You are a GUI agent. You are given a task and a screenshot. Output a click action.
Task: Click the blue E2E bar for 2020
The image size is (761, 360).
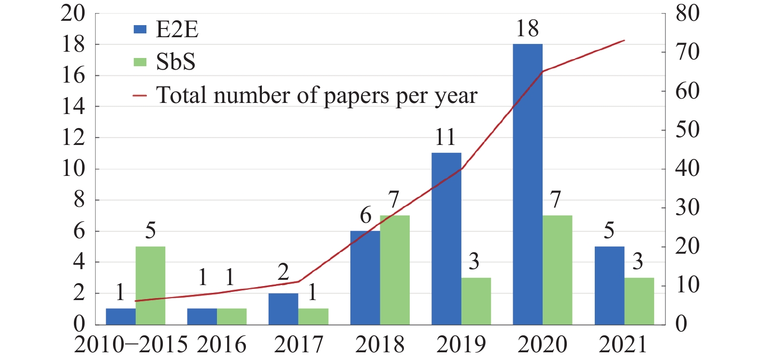(528, 184)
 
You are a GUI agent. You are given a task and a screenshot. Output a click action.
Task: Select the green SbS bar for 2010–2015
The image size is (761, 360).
(150, 285)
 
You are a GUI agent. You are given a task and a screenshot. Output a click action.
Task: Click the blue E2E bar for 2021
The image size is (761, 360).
(609, 285)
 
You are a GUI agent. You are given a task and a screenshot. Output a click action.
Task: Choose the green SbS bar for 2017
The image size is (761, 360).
(313, 316)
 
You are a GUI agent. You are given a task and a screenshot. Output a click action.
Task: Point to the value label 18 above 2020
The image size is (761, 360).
(527, 29)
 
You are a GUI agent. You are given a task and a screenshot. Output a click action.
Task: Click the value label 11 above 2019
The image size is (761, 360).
(445, 138)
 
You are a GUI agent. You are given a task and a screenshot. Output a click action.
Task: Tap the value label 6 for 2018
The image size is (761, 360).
(366, 216)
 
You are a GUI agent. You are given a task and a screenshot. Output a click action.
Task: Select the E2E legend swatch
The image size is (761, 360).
(140, 29)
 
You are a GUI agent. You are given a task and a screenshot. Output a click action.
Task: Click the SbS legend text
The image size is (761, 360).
(175, 62)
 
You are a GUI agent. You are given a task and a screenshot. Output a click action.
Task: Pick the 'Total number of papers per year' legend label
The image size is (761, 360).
(316, 95)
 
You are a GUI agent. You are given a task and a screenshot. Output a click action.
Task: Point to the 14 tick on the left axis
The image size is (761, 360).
(73, 107)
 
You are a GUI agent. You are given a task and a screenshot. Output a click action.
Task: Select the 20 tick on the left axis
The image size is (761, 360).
(73, 14)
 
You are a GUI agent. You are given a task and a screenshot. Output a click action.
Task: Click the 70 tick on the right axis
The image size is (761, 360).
(687, 52)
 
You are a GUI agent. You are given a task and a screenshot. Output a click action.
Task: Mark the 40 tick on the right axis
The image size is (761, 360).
(687, 169)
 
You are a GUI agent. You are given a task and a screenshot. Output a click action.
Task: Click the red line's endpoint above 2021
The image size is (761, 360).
(624, 41)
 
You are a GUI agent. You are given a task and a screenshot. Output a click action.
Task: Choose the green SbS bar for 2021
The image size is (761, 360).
(639, 301)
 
